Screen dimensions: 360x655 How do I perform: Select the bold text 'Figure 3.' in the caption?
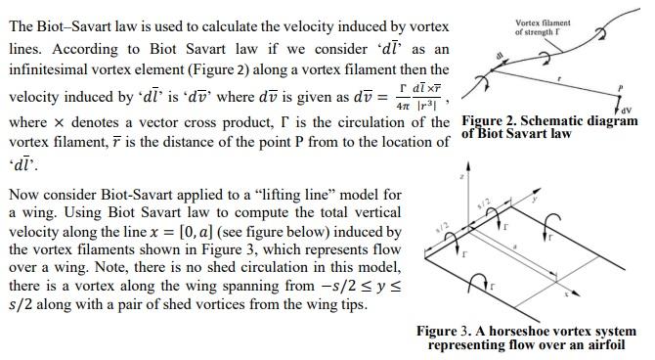tap(446, 332)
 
